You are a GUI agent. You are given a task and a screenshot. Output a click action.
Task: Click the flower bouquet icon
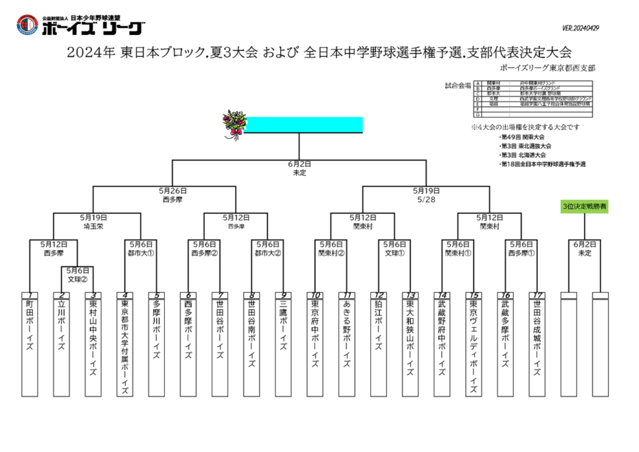(x=233, y=125)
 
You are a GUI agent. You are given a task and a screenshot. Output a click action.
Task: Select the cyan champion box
(x=304, y=125)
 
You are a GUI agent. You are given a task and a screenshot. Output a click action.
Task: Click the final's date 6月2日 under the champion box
(x=300, y=164)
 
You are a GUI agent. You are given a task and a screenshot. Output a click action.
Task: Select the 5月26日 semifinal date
(x=172, y=191)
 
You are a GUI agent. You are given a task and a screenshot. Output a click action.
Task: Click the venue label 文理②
(x=78, y=280)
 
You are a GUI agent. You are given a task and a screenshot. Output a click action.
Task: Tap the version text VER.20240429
(x=581, y=28)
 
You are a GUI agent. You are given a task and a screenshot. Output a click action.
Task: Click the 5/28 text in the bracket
(x=426, y=199)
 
